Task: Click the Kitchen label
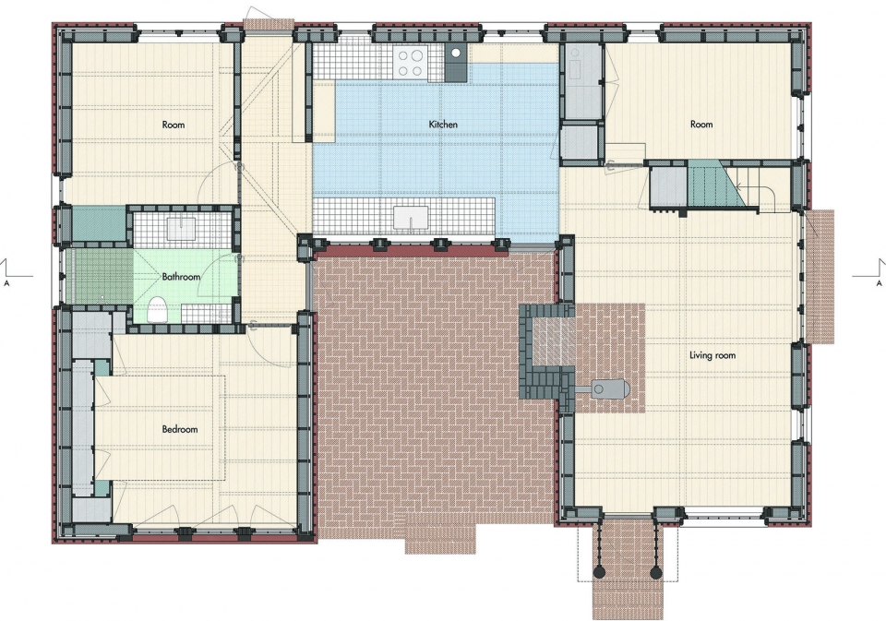click(x=443, y=125)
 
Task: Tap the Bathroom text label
click(x=181, y=277)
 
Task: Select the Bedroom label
click(x=180, y=429)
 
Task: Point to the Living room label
click(x=712, y=355)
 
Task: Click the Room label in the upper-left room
click(x=173, y=125)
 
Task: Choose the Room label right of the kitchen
click(x=701, y=125)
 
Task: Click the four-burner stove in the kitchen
click(x=411, y=62)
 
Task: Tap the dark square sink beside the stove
click(x=455, y=63)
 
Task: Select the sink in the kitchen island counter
click(x=411, y=218)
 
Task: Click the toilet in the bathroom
click(x=158, y=310)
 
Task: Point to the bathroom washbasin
click(x=182, y=229)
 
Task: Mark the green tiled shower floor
click(x=100, y=277)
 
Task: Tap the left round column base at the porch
click(x=600, y=572)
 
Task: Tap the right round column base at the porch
click(x=655, y=572)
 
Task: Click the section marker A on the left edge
click(x=6, y=282)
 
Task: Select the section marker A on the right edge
click(x=879, y=282)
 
